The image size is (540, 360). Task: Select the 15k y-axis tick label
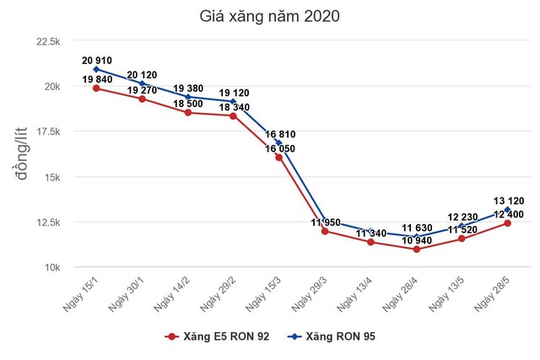[51, 177]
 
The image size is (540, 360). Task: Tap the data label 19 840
[99, 79]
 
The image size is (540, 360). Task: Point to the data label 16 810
[282, 134]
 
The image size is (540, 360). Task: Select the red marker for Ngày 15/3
[279, 158]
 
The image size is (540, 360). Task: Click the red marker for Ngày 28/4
[416, 250]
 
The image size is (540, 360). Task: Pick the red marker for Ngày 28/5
[507, 223]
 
